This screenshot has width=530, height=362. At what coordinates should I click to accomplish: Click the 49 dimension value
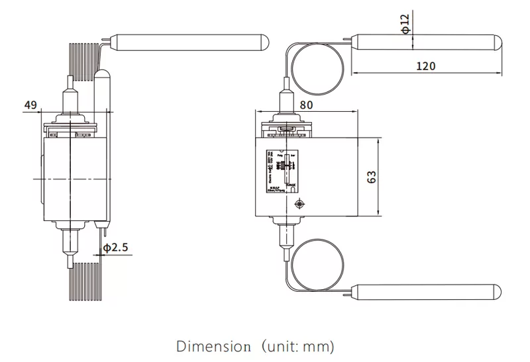coord(30,104)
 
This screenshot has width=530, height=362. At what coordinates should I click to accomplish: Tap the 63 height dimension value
coord(372,177)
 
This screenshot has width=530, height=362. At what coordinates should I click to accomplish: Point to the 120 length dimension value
coord(426,65)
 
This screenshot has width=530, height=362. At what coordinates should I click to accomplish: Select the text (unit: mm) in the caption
coord(298,346)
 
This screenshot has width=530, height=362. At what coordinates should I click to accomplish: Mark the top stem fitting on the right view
coord(287,101)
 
